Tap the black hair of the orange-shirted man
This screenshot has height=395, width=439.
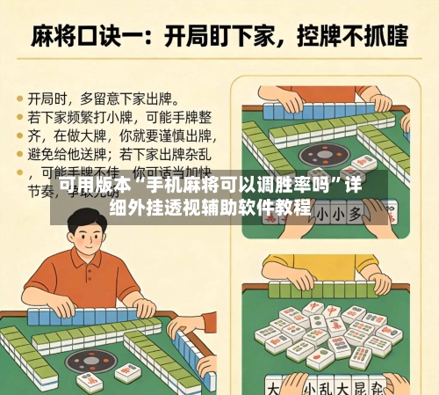(x=88, y=220)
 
